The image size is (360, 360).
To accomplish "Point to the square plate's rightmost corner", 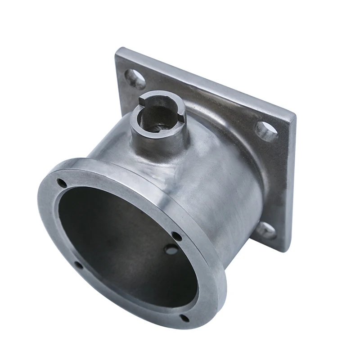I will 295,114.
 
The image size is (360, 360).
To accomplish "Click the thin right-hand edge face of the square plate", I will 288,180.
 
